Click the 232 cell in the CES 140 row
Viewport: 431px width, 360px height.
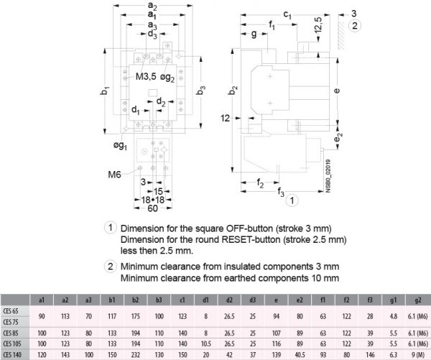(136, 354)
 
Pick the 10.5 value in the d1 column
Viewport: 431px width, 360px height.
(206, 344)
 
